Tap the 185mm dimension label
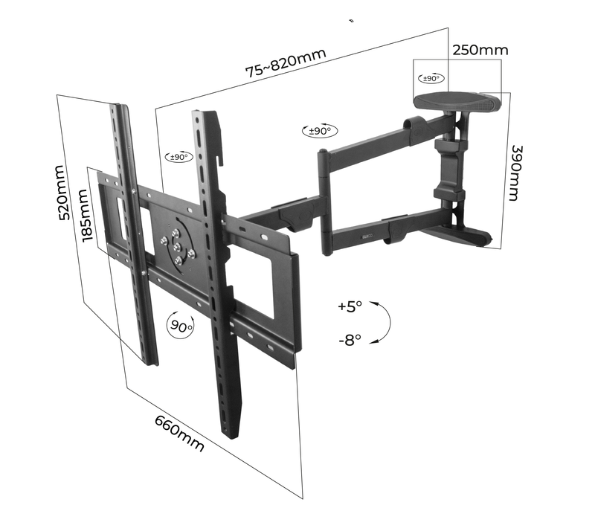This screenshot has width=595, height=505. click(86, 216)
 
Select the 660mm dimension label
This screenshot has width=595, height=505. click(179, 434)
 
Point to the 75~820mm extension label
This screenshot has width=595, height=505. click(286, 62)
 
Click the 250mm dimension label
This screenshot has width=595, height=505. click(480, 50)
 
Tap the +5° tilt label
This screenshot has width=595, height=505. click(350, 306)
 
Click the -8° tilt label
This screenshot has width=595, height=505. click(350, 340)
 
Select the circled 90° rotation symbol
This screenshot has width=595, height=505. click(180, 325)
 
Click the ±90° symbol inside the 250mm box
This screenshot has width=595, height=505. click(431, 78)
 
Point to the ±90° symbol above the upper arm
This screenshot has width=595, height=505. click(320, 131)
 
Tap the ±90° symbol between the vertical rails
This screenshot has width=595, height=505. click(179, 157)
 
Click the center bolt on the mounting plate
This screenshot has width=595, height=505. click(177, 248)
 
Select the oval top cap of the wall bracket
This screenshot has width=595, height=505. click(457, 102)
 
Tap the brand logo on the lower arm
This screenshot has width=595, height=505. click(367, 237)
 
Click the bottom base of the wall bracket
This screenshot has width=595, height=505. click(454, 234)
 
